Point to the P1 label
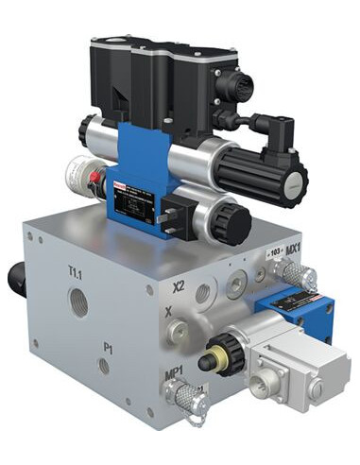click(x=109, y=348)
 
